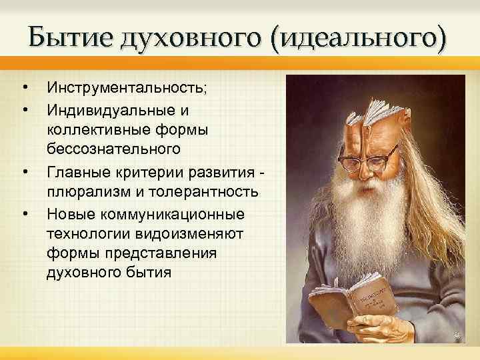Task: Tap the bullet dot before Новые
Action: [x=25, y=214]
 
